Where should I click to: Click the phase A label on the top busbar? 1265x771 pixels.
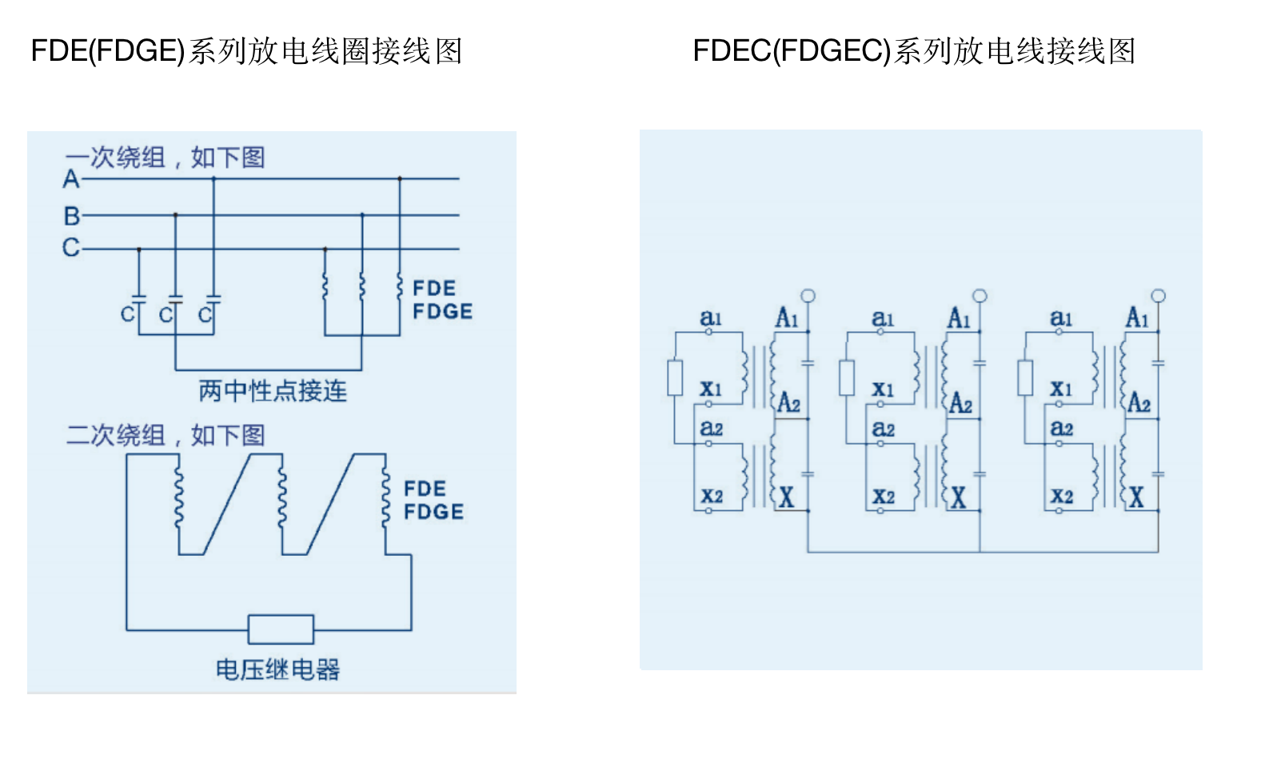tap(71, 179)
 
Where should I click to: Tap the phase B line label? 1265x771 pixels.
tap(72, 216)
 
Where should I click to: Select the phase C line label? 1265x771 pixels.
tap(71, 248)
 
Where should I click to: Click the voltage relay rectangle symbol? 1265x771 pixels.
tap(281, 629)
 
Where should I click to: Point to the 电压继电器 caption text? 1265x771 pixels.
tap(277, 669)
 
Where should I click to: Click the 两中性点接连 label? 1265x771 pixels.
tap(273, 391)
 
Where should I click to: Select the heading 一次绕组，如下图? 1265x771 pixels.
tap(165, 158)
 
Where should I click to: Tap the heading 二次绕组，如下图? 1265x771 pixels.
tap(165, 435)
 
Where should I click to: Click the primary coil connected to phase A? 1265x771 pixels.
tap(400, 286)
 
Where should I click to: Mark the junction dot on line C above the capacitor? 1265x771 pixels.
tap(139, 250)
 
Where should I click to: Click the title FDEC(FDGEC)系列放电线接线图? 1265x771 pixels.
tap(914, 51)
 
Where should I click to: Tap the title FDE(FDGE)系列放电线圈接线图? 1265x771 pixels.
tap(246, 51)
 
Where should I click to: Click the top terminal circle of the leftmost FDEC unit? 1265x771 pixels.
tap(808, 296)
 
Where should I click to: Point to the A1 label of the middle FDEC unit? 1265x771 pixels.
tap(959, 318)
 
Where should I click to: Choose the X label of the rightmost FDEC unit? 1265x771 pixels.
tap(1136, 497)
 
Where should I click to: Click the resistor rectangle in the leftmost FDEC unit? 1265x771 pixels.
tap(676, 378)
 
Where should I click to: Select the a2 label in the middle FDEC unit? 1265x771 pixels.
tap(883, 429)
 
